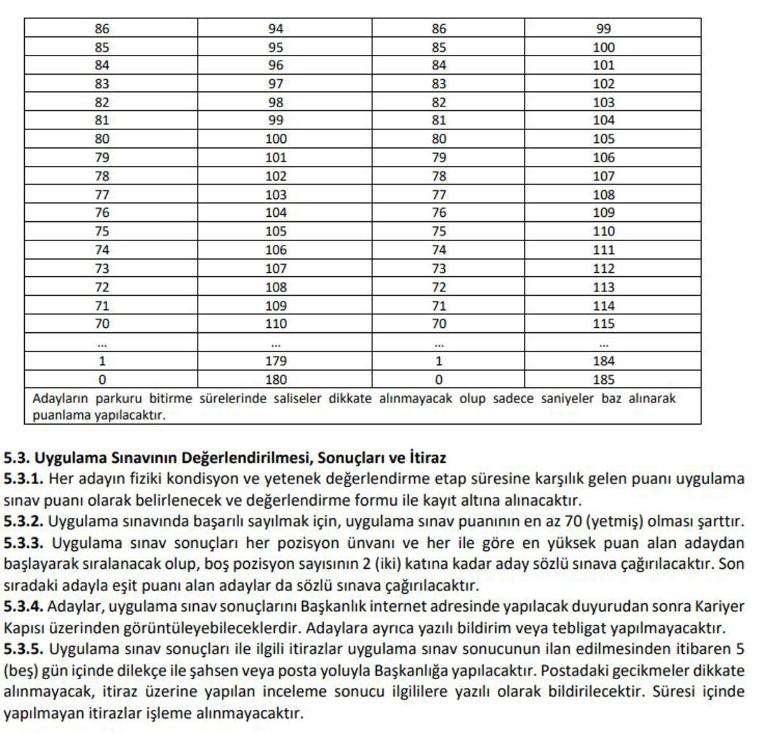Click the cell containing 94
(275, 29)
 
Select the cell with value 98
(275, 102)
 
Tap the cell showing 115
(603, 323)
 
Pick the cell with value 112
(603, 268)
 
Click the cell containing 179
(275, 361)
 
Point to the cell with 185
(603, 379)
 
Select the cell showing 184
(603, 361)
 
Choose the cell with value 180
(275, 379)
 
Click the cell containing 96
(275, 65)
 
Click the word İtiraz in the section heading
(427, 458)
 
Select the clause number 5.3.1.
(23, 479)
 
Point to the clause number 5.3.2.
(23, 522)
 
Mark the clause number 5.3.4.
(23, 606)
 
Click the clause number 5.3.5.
(23, 649)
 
